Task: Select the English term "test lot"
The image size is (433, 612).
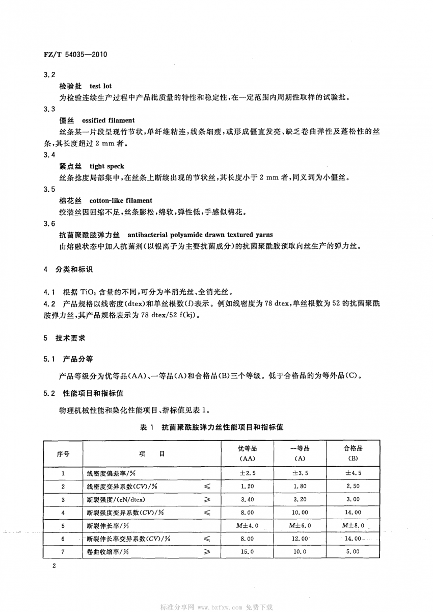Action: pyautogui.click(x=101, y=86)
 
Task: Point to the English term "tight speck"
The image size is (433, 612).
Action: pyautogui.click(x=107, y=166)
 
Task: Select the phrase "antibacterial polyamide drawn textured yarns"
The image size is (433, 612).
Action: pyautogui.click(x=200, y=235)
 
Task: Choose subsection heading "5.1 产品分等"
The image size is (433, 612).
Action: pyautogui.click(x=69, y=360)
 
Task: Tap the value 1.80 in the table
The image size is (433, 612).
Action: pyautogui.click(x=300, y=487)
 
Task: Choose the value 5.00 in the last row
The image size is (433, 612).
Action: pyautogui.click(x=353, y=551)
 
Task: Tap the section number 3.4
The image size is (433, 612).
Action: pyautogui.click(x=49, y=155)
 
